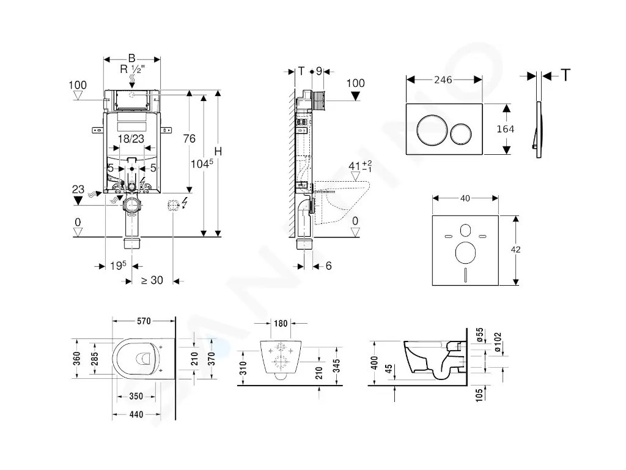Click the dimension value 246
(x=443, y=78)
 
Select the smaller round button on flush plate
(x=460, y=133)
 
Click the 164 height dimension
(x=506, y=129)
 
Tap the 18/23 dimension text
(x=131, y=140)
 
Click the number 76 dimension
(x=190, y=138)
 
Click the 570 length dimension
(x=144, y=321)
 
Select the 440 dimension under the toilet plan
(x=138, y=414)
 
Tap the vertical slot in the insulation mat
(x=466, y=276)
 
